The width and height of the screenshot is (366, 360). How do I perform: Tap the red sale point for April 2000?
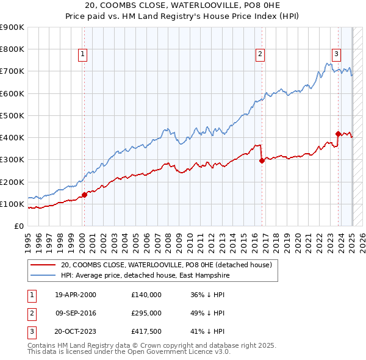[x=84, y=195]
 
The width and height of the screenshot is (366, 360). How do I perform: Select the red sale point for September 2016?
[x=262, y=161]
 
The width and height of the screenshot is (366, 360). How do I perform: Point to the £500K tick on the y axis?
[x=13, y=115]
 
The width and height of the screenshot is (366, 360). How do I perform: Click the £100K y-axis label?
[x=13, y=204]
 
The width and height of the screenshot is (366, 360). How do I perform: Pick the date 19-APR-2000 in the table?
[x=76, y=294]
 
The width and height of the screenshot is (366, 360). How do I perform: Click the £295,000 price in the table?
[x=146, y=313]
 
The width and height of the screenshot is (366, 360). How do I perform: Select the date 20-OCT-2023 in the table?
[x=76, y=332]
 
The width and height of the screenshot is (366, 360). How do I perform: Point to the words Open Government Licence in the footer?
[x=174, y=351]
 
